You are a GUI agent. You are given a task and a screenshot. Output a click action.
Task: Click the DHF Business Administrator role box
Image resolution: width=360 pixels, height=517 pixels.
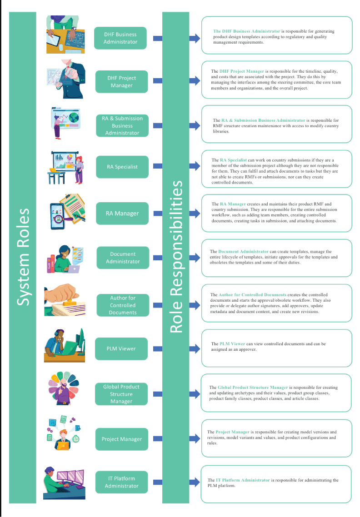click(x=120, y=38)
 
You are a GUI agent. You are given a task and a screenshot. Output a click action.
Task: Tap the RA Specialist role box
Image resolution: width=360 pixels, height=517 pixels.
click(x=122, y=167)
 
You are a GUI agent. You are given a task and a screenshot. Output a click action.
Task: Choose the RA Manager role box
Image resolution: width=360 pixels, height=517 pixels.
click(x=122, y=214)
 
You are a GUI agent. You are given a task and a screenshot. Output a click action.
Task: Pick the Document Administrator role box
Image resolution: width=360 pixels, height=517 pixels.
click(x=123, y=258)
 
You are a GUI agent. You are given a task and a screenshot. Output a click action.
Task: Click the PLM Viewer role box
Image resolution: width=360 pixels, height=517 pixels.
click(x=121, y=349)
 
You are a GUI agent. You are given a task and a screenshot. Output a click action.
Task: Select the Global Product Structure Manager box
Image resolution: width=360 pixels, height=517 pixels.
click(x=121, y=394)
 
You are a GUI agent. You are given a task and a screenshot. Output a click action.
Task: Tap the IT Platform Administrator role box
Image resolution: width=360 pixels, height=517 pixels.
click(x=121, y=482)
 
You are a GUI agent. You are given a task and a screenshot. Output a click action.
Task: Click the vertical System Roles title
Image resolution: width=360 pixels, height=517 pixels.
click(x=23, y=257)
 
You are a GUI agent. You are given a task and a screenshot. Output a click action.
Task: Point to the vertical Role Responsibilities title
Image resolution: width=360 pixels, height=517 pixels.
click(x=176, y=257)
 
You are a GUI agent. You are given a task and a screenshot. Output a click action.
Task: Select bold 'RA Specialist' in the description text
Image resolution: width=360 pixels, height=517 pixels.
click(x=233, y=160)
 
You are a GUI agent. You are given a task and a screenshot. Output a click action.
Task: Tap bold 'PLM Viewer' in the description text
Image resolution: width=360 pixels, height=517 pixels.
click(x=232, y=344)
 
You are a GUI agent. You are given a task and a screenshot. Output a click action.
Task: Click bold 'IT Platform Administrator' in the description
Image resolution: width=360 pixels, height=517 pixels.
click(x=243, y=480)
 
